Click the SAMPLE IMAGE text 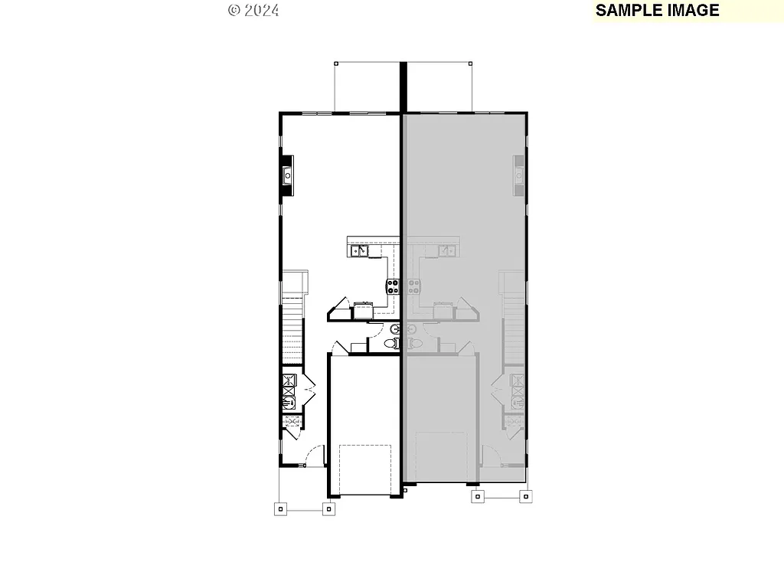[x=657, y=10]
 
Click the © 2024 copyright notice [x=253, y=10]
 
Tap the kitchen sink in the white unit [x=358, y=250]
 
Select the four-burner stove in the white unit [x=393, y=287]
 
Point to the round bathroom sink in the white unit [x=395, y=329]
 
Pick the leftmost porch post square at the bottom [x=280, y=508]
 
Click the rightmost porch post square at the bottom [x=525, y=497]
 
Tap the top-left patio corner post [x=335, y=62]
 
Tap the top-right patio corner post [x=471, y=62]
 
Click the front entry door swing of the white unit [x=314, y=456]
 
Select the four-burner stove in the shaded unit [x=413, y=287]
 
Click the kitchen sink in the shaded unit [x=446, y=250]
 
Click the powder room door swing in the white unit [x=375, y=331]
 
